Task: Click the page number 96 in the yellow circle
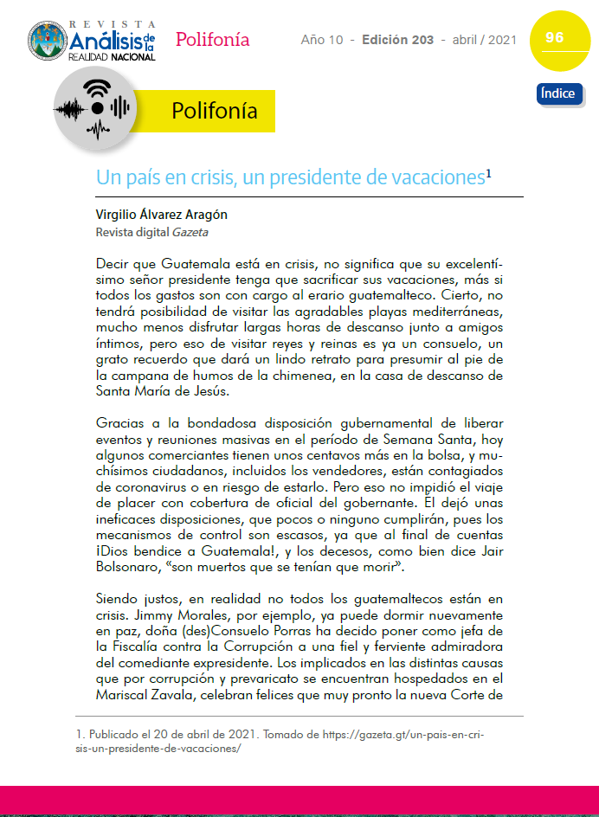(x=555, y=37)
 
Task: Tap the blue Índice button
(x=558, y=93)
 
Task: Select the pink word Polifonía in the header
(x=212, y=39)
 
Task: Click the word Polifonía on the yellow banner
(x=214, y=111)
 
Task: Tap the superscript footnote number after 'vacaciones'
(x=488, y=173)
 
